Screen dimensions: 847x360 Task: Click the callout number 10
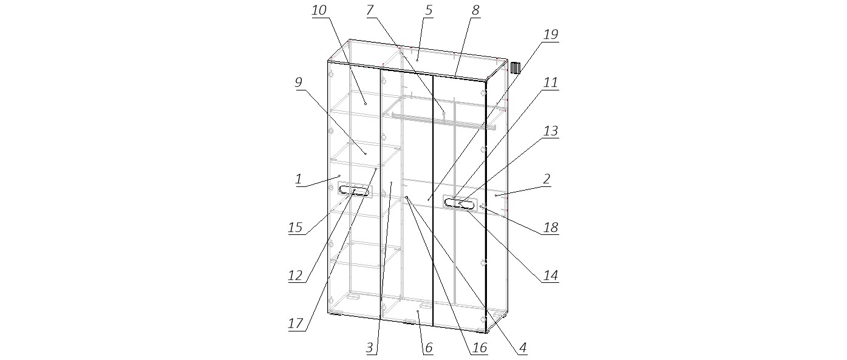(x=319, y=10)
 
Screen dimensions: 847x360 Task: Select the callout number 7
(x=370, y=10)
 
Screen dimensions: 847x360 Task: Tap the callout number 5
(x=429, y=10)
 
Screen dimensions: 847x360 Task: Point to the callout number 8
(x=475, y=10)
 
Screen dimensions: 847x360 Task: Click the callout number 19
(x=551, y=35)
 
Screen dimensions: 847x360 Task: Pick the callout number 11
(x=551, y=83)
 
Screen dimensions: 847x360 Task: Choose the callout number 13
(x=551, y=131)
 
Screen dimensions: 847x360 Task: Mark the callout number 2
(x=546, y=179)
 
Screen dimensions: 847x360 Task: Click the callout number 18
(x=551, y=228)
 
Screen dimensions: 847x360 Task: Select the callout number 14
(x=551, y=276)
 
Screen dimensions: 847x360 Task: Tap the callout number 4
(x=523, y=348)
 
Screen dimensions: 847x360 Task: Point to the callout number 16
(x=480, y=348)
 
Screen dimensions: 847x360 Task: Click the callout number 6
(x=429, y=348)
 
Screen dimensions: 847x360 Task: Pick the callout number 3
(x=370, y=348)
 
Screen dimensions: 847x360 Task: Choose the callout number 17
(x=296, y=324)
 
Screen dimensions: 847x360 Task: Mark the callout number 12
(x=296, y=276)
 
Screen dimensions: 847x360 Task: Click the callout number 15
(x=296, y=228)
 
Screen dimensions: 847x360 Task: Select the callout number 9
(x=299, y=83)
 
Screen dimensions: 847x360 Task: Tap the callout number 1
(x=299, y=179)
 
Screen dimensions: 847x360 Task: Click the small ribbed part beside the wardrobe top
(x=515, y=67)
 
